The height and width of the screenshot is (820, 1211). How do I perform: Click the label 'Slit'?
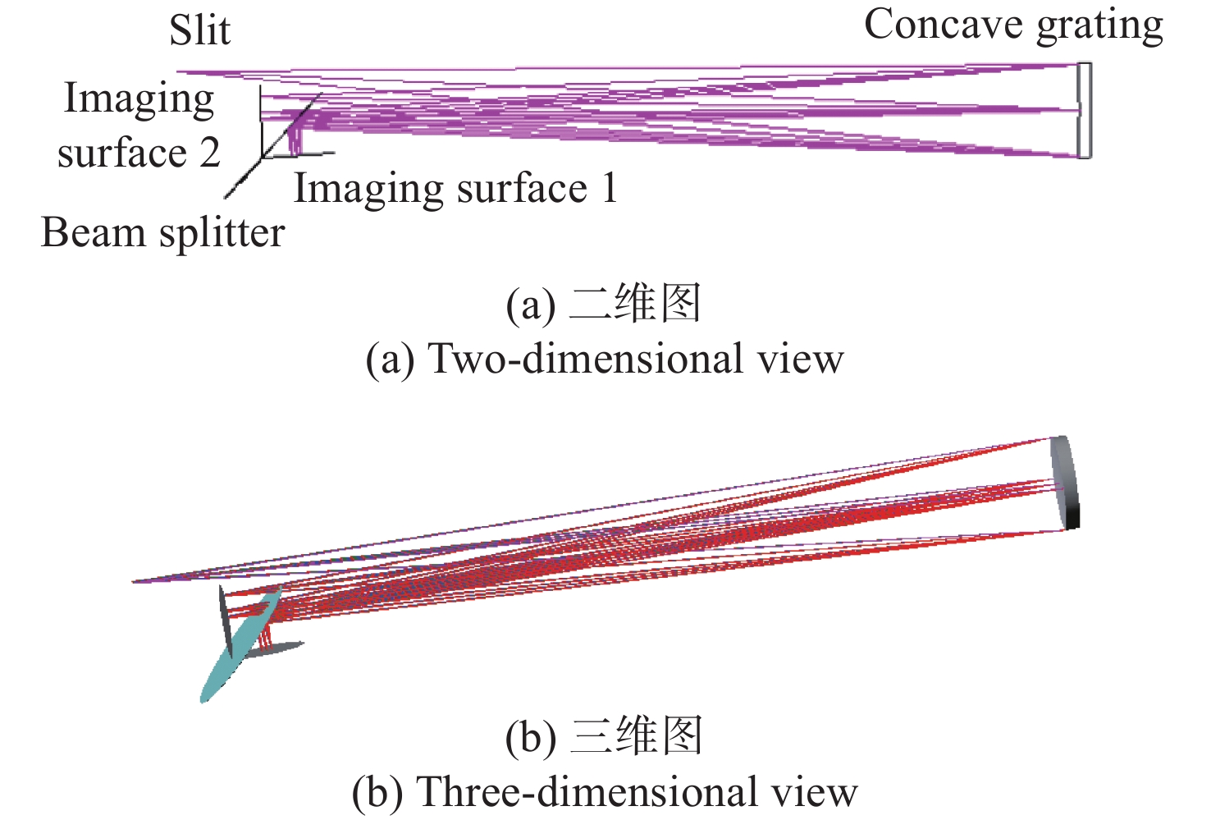(199, 31)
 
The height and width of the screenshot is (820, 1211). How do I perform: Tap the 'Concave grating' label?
(1013, 25)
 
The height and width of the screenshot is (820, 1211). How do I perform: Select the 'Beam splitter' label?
(162, 232)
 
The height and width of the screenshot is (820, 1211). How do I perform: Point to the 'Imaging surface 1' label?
(455, 189)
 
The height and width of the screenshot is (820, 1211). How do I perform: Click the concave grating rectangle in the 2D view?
(1085, 110)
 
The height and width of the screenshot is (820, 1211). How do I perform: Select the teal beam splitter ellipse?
(240, 645)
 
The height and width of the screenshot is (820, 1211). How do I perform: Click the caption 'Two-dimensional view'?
(636, 359)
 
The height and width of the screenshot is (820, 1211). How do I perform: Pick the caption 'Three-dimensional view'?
(637, 792)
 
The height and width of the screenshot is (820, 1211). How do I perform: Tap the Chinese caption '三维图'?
(636, 736)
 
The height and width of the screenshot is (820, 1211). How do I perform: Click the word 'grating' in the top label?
(1099, 26)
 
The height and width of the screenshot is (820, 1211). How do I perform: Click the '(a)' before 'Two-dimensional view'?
(391, 360)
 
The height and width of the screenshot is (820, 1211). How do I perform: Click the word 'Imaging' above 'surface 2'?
(139, 100)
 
